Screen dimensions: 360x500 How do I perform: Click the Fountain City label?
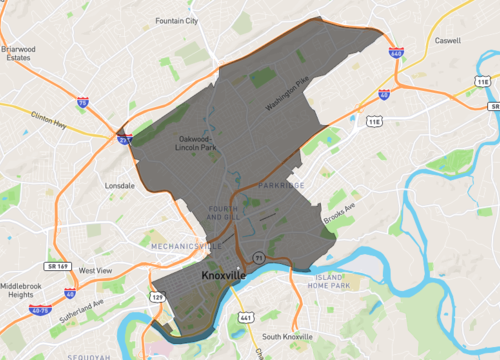[x=177, y=20]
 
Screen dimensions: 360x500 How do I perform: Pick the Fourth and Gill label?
[x=222, y=212]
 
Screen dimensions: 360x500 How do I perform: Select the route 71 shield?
[x=257, y=257]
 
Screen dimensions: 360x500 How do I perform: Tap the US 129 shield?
[x=156, y=297]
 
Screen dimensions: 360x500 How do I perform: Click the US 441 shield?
[x=245, y=317]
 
